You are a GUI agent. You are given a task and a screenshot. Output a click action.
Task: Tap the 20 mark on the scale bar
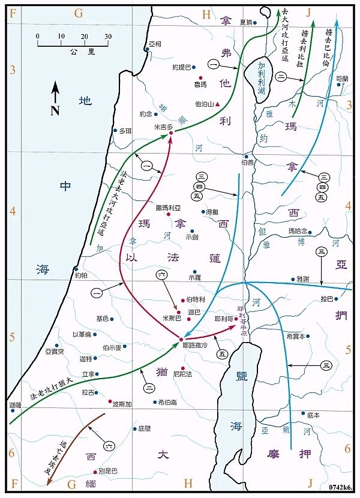[85, 37]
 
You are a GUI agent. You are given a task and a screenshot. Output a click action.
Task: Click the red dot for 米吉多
[171, 133]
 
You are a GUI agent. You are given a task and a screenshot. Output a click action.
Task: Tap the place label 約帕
[82, 276]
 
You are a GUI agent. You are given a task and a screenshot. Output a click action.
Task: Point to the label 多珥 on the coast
[124, 130]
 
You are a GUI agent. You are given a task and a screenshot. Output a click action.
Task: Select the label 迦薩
[16, 406]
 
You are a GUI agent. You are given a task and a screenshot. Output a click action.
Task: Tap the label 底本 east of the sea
[313, 415]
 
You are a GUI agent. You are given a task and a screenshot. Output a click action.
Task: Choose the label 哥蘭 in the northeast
[341, 79]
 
